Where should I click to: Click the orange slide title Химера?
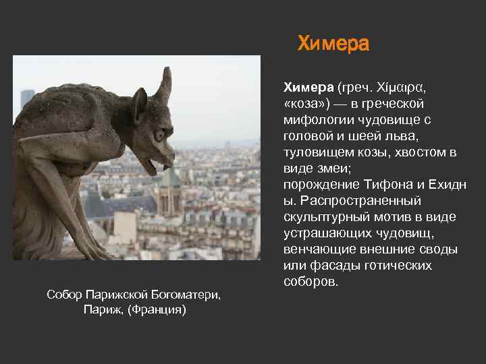coord(333,44)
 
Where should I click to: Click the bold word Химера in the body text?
coord(308,88)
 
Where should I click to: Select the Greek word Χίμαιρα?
coord(399,88)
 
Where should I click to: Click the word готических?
coord(400,266)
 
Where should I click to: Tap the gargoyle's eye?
coord(159,135)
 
